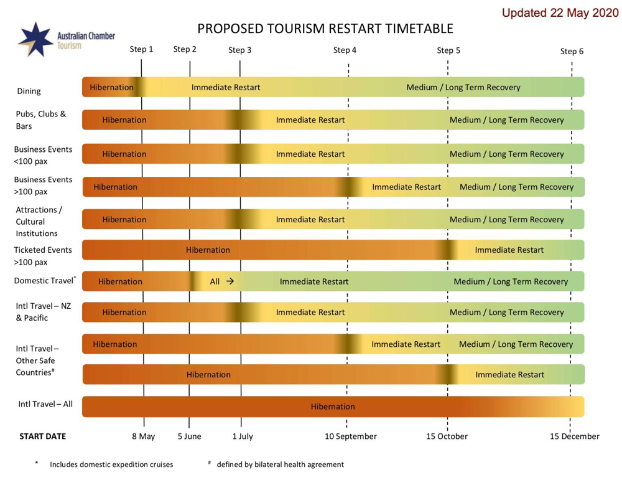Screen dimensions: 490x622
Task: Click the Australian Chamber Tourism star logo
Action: [35, 39]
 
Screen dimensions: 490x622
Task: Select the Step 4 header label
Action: [345, 50]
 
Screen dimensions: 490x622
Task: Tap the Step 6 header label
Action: [572, 51]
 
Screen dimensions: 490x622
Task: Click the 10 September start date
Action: [351, 436]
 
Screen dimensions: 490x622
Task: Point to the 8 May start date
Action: [144, 436]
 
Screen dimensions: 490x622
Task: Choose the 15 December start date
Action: [574, 436]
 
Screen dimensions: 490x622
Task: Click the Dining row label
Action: [29, 91]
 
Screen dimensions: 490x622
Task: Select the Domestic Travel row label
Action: [44, 281]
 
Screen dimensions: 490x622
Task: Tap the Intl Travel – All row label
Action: [45, 404]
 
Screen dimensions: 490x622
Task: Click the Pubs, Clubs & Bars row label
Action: [41, 120]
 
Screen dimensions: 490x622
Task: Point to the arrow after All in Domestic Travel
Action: [230, 281]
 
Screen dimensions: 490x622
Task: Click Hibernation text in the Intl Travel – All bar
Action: [333, 407]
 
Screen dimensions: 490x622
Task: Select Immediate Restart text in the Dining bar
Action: [226, 87]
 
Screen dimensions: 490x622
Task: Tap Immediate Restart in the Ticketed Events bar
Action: [509, 250]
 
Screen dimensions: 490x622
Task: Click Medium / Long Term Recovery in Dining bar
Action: [463, 87]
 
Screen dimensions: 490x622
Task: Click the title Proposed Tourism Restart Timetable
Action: [325, 29]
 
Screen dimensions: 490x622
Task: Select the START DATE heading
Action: [43, 436]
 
